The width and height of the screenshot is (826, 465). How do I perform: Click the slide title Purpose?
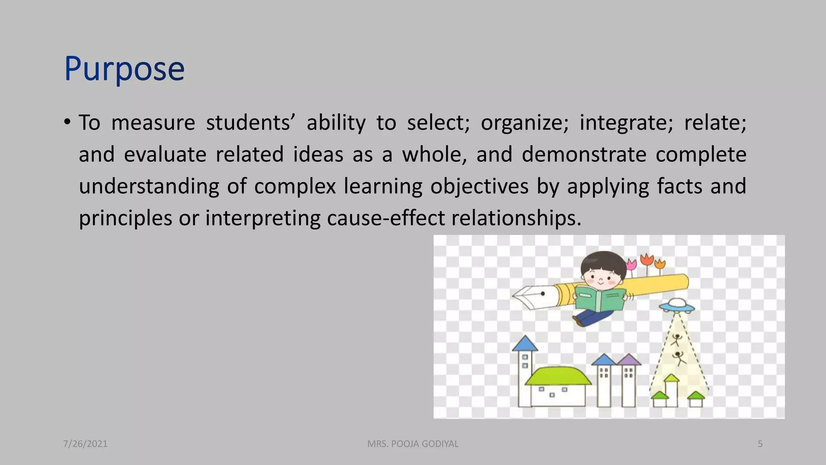click(x=124, y=69)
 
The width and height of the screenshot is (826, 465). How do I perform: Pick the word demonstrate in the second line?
click(x=584, y=155)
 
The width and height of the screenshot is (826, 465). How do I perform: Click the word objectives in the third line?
click(x=479, y=186)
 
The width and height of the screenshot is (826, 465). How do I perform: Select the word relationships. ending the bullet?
click(x=516, y=218)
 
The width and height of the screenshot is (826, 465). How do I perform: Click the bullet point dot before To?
click(x=67, y=121)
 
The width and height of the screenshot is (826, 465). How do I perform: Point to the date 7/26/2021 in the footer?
click(x=86, y=444)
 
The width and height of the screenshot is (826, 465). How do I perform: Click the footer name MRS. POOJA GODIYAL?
click(x=413, y=444)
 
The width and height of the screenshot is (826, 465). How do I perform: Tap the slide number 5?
click(x=760, y=444)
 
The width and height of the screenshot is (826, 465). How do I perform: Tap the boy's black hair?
click(x=603, y=261)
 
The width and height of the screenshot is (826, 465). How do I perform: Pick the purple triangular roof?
click(x=629, y=360)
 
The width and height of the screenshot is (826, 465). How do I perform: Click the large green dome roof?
click(x=558, y=376)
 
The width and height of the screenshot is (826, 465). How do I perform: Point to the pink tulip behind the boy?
click(x=631, y=265)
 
